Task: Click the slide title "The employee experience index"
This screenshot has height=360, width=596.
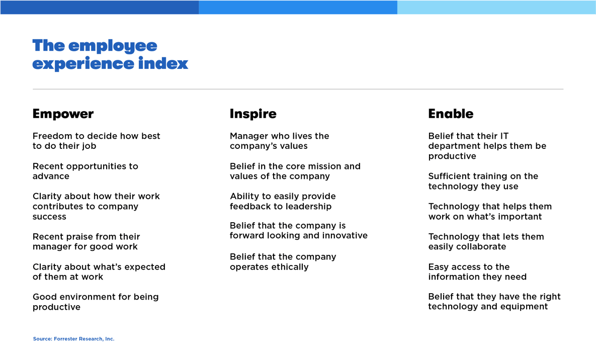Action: click(x=110, y=54)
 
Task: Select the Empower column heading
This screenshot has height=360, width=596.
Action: click(x=63, y=114)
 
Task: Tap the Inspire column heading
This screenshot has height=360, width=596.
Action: click(x=253, y=114)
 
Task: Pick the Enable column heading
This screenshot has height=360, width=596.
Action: click(x=451, y=114)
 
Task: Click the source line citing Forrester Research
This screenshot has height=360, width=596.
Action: click(x=73, y=339)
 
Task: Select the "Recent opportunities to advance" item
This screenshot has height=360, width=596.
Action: click(x=85, y=171)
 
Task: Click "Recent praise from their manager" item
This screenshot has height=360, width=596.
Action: click(x=86, y=241)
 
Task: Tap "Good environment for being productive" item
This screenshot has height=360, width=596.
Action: click(x=96, y=302)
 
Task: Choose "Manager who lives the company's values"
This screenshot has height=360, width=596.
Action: click(x=279, y=141)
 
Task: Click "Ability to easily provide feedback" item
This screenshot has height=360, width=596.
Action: click(x=282, y=201)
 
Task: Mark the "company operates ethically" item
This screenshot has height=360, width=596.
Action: click(x=283, y=261)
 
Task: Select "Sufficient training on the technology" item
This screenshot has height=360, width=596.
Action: click(x=483, y=181)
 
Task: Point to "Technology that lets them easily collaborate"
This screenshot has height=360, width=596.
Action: click(x=486, y=241)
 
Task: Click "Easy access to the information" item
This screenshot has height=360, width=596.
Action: click(x=477, y=272)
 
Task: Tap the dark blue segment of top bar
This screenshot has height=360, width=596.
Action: click(x=99, y=7)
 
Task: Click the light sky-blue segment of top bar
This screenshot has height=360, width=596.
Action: click(x=496, y=7)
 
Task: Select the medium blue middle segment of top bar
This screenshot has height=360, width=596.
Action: click(x=298, y=7)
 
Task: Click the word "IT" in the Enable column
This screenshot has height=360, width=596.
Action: click(x=503, y=136)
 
